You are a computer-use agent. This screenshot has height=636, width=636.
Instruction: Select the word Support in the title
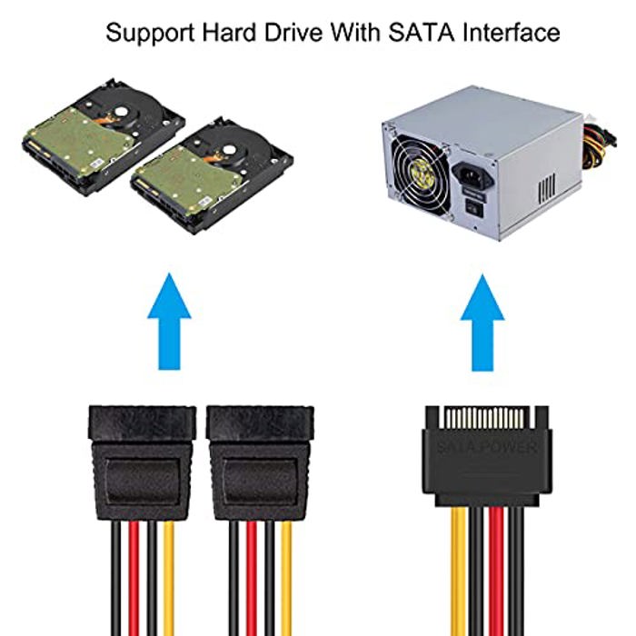point(150,34)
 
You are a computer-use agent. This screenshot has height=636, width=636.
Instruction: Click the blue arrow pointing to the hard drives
point(169,322)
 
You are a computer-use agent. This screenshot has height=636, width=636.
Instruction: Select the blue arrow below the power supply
point(482,323)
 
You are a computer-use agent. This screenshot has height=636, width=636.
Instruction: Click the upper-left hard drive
point(103,136)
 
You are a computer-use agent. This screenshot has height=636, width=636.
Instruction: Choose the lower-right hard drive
point(212,175)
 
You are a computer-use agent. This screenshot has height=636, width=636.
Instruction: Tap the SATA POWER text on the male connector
point(486,447)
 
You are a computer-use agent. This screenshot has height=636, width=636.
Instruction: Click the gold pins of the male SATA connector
point(486,419)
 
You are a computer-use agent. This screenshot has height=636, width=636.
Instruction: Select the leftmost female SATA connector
point(143,462)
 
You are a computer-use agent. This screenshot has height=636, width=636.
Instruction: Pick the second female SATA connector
point(260,462)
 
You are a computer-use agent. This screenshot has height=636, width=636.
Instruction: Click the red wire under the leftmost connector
point(134,578)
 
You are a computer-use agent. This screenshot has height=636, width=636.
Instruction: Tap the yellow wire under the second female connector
point(286,578)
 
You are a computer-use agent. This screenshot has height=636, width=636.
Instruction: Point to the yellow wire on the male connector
point(459,571)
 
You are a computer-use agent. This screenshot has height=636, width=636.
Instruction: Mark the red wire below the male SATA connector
point(496,571)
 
